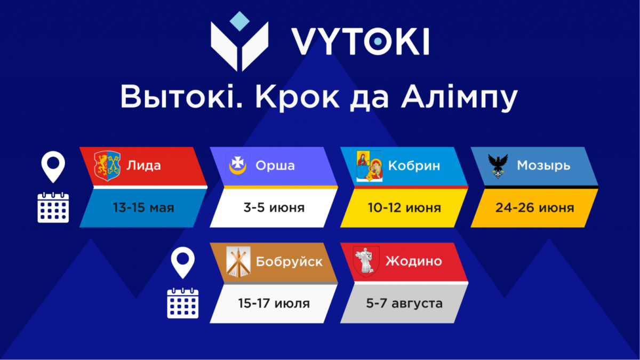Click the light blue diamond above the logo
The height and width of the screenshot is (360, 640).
point(239,21)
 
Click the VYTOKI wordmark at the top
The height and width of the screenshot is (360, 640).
point(361,42)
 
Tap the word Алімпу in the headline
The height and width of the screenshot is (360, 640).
point(459,97)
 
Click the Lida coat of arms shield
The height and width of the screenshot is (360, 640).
point(107,166)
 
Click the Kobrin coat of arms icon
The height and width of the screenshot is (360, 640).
point(370,166)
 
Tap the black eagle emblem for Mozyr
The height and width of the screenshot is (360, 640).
point(498,166)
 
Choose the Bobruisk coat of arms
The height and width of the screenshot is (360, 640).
point(238,262)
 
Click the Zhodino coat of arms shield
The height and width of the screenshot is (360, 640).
point(366,261)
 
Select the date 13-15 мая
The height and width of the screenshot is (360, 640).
point(143,207)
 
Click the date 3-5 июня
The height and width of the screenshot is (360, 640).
point(274,207)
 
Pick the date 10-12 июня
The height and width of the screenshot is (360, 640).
point(404,207)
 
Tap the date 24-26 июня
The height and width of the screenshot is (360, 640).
point(534,207)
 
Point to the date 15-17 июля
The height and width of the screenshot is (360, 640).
point(274,303)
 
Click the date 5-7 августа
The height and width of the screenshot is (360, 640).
point(404,303)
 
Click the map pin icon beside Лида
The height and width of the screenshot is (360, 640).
point(53,166)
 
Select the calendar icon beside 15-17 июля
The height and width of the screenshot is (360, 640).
point(183,303)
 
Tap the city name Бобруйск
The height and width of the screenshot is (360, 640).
point(289,262)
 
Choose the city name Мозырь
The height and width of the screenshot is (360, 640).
point(543,165)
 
